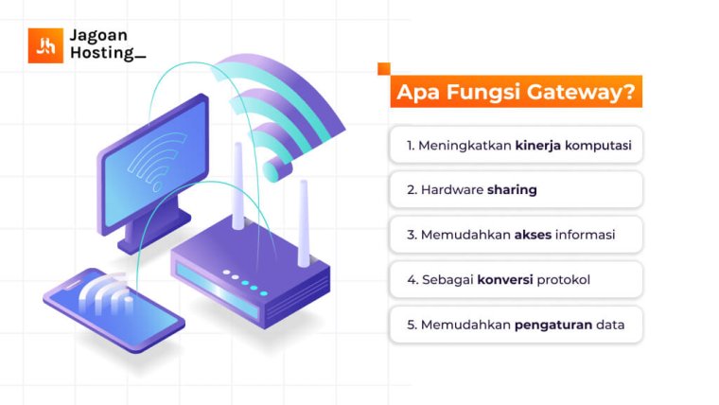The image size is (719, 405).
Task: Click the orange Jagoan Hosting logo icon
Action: pyautogui.click(x=44, y=45)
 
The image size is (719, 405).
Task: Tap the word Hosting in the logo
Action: pyautogui.click(x=102, y=54)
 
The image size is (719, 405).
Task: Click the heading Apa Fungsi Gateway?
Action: pyautogui.click(x=515, y=93)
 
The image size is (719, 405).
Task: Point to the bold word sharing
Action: pyautogui.click(x=512, y=189)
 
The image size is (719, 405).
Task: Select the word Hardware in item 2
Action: pyautogui.click(x=451, y=189)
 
